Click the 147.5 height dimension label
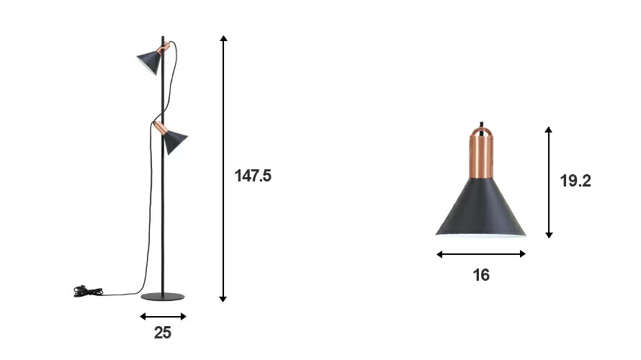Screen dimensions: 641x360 point(253,176)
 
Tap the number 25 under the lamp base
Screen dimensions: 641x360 point(162,333)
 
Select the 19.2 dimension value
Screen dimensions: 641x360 point(575,181)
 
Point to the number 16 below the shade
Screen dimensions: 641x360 point(481,275)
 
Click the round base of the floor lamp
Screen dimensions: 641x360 point(163,297)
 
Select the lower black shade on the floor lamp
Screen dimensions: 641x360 point(175,141)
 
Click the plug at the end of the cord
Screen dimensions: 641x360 point(88,291)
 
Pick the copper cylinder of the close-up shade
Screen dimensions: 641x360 point(481,153)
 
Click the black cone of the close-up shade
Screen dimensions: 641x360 point(481,207)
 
